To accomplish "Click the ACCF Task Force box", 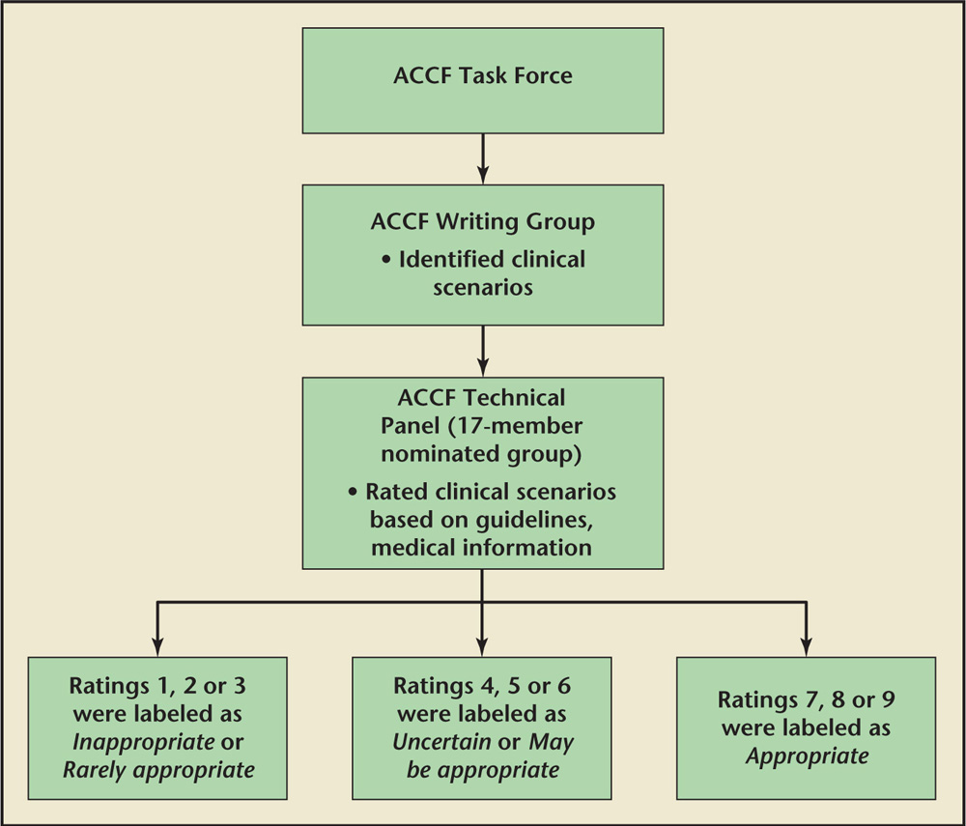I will [482, 80].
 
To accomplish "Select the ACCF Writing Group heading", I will [482, 221].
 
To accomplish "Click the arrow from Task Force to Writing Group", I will [482, 157].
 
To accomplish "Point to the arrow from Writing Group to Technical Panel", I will [482, 350].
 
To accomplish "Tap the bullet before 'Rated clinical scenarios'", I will [357, 492].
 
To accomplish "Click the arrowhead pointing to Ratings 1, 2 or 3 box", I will [157, 645].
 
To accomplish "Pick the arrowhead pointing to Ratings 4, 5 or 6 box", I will [482, 645].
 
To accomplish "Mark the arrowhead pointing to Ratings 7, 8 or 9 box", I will [806, 645].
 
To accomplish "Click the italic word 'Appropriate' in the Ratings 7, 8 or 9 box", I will [806, 755].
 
